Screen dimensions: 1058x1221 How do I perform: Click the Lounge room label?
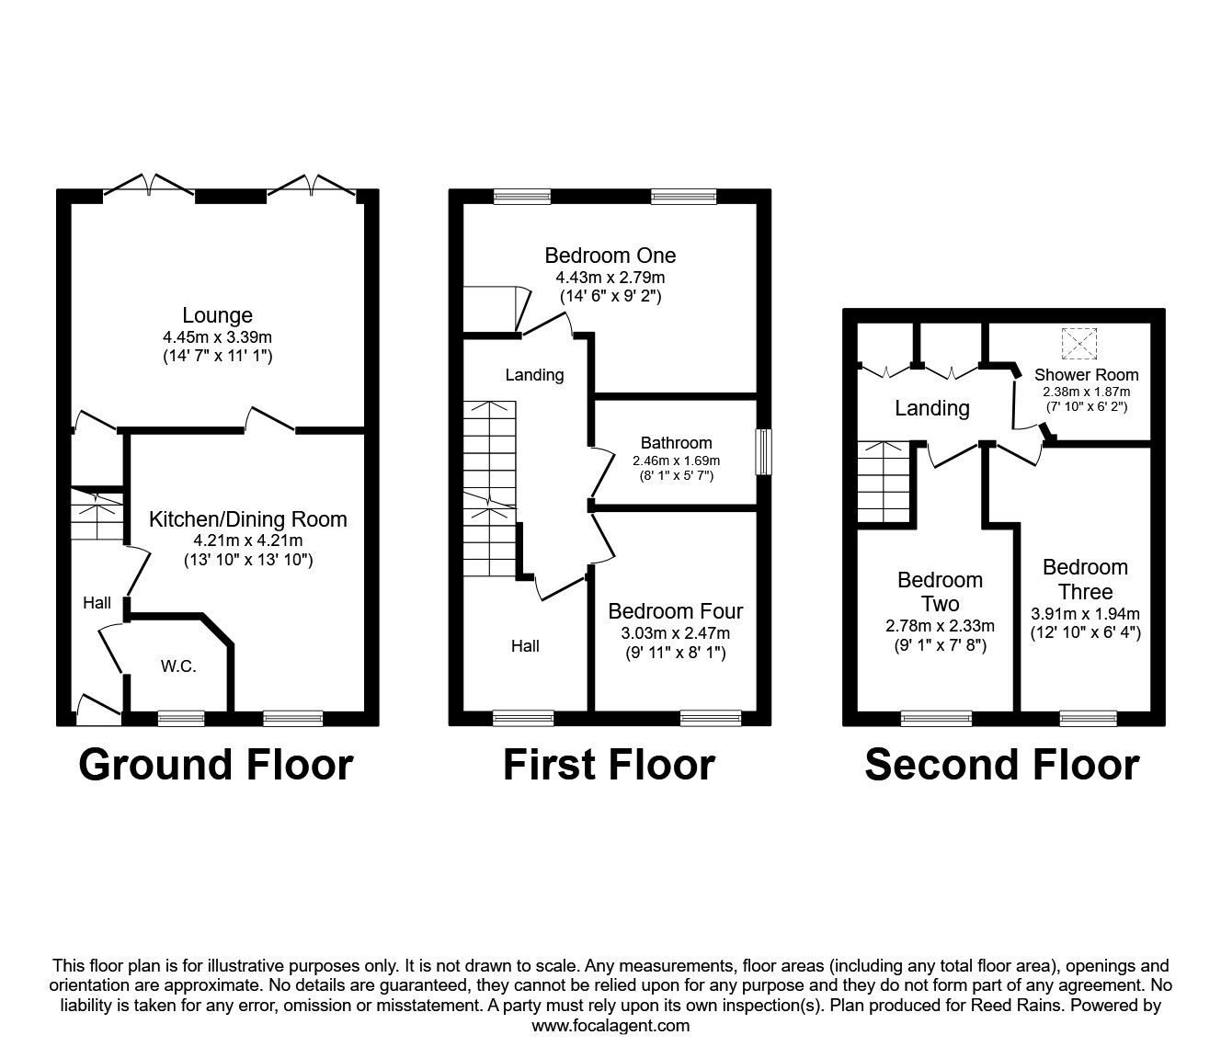point(217,315)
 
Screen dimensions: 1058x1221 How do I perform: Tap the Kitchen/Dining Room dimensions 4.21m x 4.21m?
point(248,540)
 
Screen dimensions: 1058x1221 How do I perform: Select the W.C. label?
point(178,666)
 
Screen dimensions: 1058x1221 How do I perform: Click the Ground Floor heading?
point(216,765)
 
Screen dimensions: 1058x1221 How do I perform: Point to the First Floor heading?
point(609,765)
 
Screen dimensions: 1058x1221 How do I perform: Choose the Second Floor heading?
point(1001,765)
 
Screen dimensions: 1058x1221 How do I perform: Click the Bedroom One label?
point(610,256)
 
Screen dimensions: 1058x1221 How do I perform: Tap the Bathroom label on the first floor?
point(676,443)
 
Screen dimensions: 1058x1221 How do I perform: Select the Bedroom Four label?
point(675,611)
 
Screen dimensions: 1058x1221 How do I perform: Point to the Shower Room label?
point(1086,375)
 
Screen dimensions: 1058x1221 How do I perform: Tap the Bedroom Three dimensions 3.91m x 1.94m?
point(1085,614)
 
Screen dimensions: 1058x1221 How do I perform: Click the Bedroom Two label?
point(940,592)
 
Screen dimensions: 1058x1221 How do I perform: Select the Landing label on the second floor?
point(931,408)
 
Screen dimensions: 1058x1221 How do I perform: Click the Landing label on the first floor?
point(534,375)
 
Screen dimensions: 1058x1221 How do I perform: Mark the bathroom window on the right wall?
point(762,452)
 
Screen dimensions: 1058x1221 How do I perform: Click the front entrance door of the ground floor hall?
point(97,707)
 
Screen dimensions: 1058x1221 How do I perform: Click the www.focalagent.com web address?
point(610,1026)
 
